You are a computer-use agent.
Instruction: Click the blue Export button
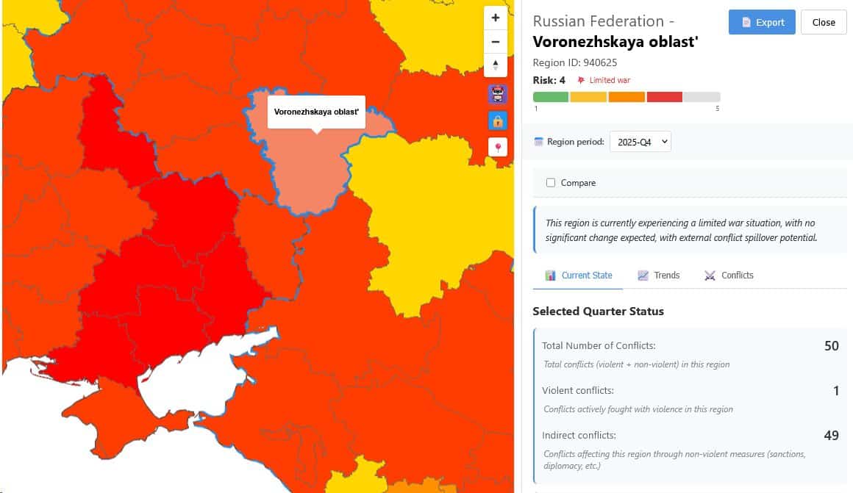[x=762, y=22]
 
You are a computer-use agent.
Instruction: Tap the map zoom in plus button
[x=496, y=18]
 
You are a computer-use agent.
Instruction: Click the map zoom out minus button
[x=496, y=42]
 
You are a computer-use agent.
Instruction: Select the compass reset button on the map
[x=496, y=65]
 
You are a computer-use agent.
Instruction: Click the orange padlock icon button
[x=498, y=120]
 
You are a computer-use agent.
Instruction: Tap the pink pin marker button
[x=498, y=147]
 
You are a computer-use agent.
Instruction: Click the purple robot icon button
[x=498, y=94]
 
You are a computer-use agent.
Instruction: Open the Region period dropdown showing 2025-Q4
[x=640, y=142]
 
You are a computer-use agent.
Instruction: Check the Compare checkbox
[x=551, y=183]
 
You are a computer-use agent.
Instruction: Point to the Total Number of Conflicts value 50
[x=831, y=346]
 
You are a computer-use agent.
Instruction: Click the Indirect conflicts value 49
[x=831, y=436]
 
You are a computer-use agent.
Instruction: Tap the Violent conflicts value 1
[x=836, y=391]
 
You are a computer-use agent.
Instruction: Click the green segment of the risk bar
[x=551, y=97]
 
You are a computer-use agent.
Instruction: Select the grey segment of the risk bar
[x=702, y=97]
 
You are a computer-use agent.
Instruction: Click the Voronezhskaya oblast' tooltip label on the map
[x=316, y=112]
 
